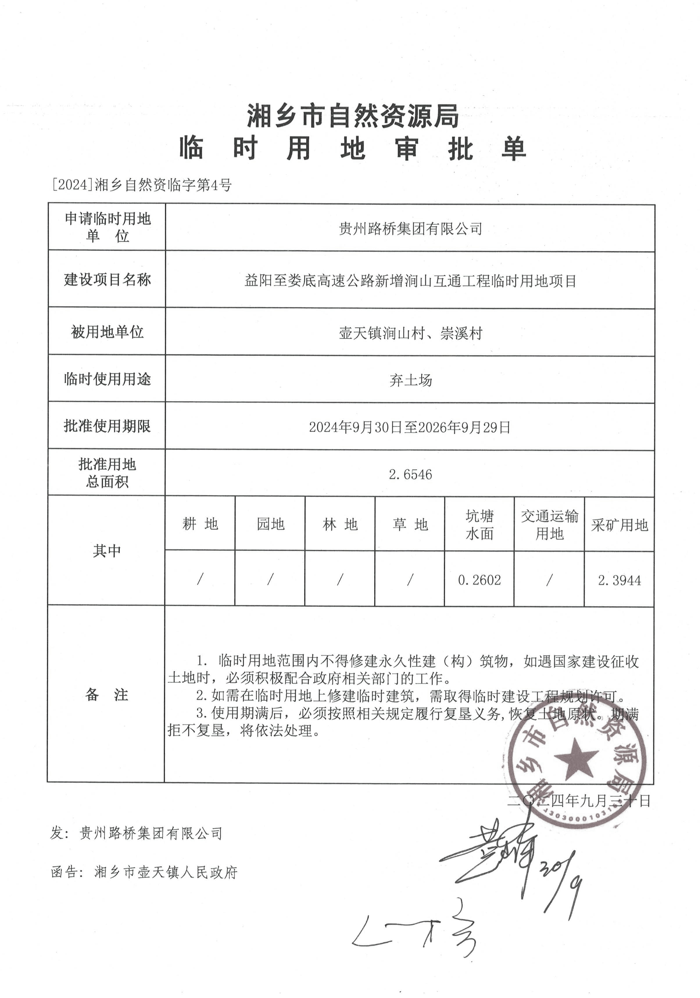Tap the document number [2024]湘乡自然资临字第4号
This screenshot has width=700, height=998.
click(x=142, y=185)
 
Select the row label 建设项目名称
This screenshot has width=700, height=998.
click(x=107, y=279)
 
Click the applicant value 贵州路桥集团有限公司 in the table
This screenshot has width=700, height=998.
click(x=410, y=229)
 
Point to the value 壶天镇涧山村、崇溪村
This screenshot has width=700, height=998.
click(x=410, y=333)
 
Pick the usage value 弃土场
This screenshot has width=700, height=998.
click(x=410, y=380)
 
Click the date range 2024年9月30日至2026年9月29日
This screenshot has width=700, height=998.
click(x=409, y=427)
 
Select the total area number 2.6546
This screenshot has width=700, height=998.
click(x=410, y=474)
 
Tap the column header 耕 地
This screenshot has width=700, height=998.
click(x=200, y=524)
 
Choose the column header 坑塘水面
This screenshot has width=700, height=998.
click(x=479, y=525)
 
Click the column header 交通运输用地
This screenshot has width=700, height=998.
click(x=549, y=525)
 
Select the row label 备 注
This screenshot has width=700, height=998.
click(x=107, y=694)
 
